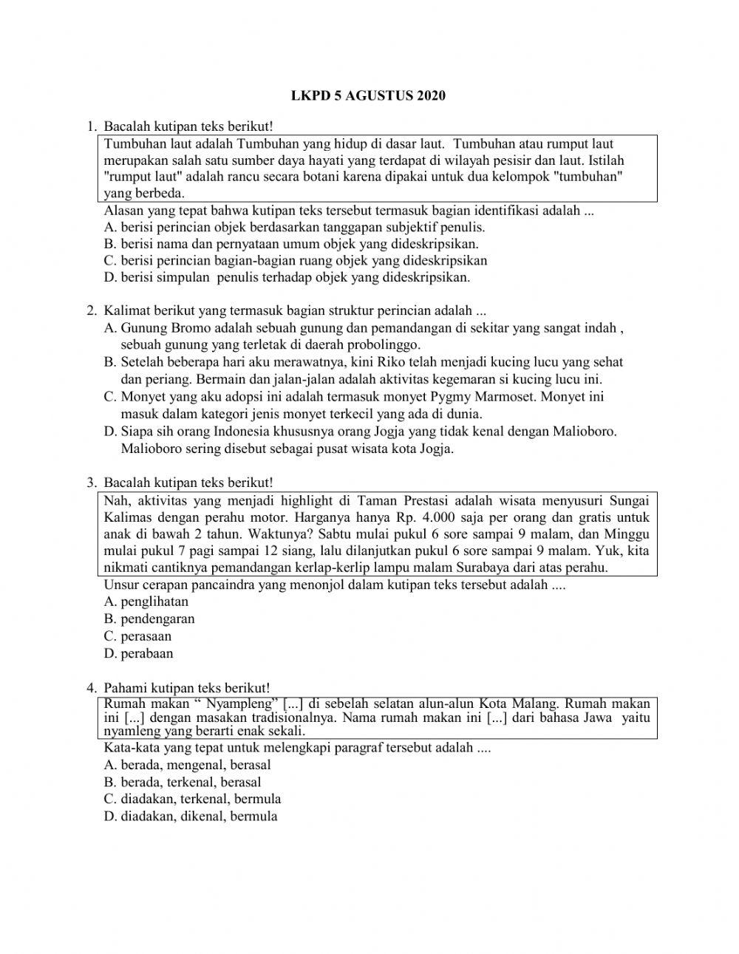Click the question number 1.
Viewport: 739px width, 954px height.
91,127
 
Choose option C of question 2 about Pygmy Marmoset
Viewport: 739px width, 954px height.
353,397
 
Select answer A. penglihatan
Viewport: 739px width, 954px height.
146,602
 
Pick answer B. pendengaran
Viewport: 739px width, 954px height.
149,619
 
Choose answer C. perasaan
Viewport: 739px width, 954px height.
137,636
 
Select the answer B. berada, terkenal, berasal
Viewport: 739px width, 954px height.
183,782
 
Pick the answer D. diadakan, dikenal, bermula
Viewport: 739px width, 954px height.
191,816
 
